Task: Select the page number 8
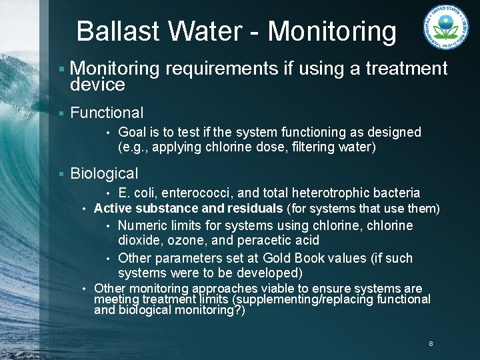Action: coord(431,344)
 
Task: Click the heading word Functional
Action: coord(107,113)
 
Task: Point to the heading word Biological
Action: coord(104,174)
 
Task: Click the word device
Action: coord(97,85)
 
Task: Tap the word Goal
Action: coord(131,133)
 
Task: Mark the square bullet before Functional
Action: coord(61,114)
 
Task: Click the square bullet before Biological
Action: coord(61,175)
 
